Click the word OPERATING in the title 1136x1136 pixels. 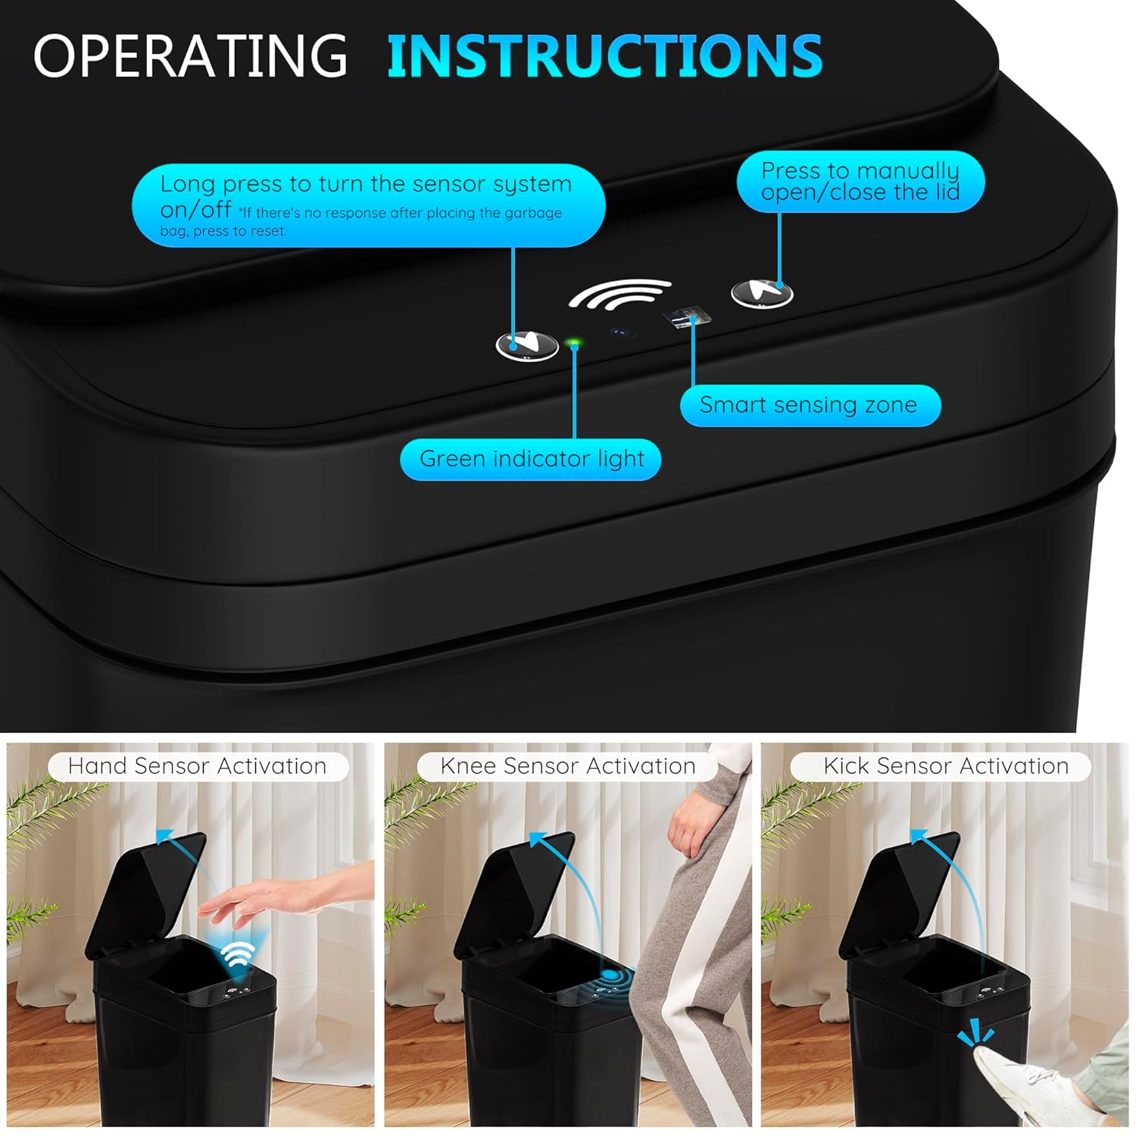(x=189, y=55)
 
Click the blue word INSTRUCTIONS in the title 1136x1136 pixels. (x=604, y=55)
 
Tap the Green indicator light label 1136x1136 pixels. (x=531, y=459)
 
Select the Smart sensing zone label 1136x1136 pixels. (x=809, y=405)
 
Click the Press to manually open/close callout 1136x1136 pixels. (x=860, y=182)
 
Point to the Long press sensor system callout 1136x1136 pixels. (x=368, y=205)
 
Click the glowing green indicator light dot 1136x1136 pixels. (x=573, y=344)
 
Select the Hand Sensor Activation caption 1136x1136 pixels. (x=198, y=766)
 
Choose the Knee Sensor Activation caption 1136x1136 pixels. (x=567, y=766)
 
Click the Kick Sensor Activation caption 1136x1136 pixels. (x=945, y=766)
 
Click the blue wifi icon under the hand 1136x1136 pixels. (x=239, y=955)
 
